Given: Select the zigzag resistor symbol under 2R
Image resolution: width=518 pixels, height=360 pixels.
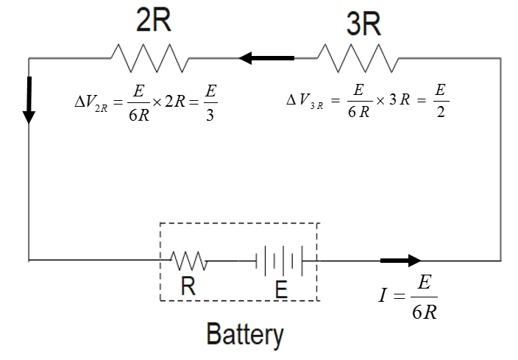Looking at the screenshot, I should pos(149,57).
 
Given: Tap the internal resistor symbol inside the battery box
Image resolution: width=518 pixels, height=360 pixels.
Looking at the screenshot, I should pos(190,260).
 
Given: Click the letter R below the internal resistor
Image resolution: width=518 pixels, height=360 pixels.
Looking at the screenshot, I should pos(189,286).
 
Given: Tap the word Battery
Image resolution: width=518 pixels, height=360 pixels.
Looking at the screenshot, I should pos(245,334).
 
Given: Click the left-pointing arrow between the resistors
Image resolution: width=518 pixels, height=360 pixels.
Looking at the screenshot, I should pos(266,57).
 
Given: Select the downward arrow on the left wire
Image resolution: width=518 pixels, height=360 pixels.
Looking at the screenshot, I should pos(29,99).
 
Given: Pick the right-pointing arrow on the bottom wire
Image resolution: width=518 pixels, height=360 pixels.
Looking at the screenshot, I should pos(400,261).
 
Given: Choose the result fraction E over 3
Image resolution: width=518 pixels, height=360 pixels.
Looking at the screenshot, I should pos(210,104).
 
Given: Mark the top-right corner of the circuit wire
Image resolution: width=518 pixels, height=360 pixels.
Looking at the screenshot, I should pos(501,57).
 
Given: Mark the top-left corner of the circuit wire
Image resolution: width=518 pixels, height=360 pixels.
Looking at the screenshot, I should pos(29,57).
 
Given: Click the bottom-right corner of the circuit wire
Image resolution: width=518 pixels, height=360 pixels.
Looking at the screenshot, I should pos(501,261).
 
